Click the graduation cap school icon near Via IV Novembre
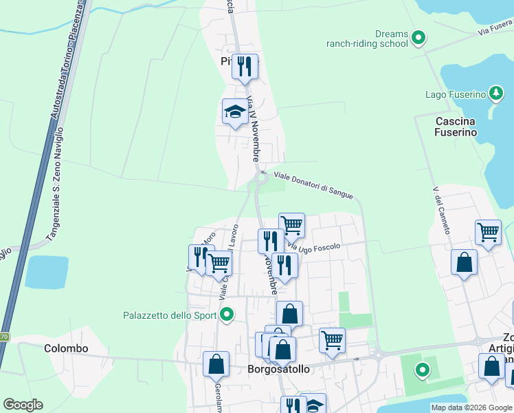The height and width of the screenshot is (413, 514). point(235,112)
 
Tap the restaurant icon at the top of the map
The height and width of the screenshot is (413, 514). point(245,67)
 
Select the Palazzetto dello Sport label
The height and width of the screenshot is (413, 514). point(169,316)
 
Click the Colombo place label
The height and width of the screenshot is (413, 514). point(66,348)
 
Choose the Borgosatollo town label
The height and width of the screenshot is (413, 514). point(278,369)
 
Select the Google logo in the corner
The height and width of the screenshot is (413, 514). point(23,405)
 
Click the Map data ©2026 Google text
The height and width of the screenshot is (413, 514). point(471,407)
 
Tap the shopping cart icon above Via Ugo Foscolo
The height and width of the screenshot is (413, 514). point(291,225)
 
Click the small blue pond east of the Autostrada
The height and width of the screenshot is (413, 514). point(47,272)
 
